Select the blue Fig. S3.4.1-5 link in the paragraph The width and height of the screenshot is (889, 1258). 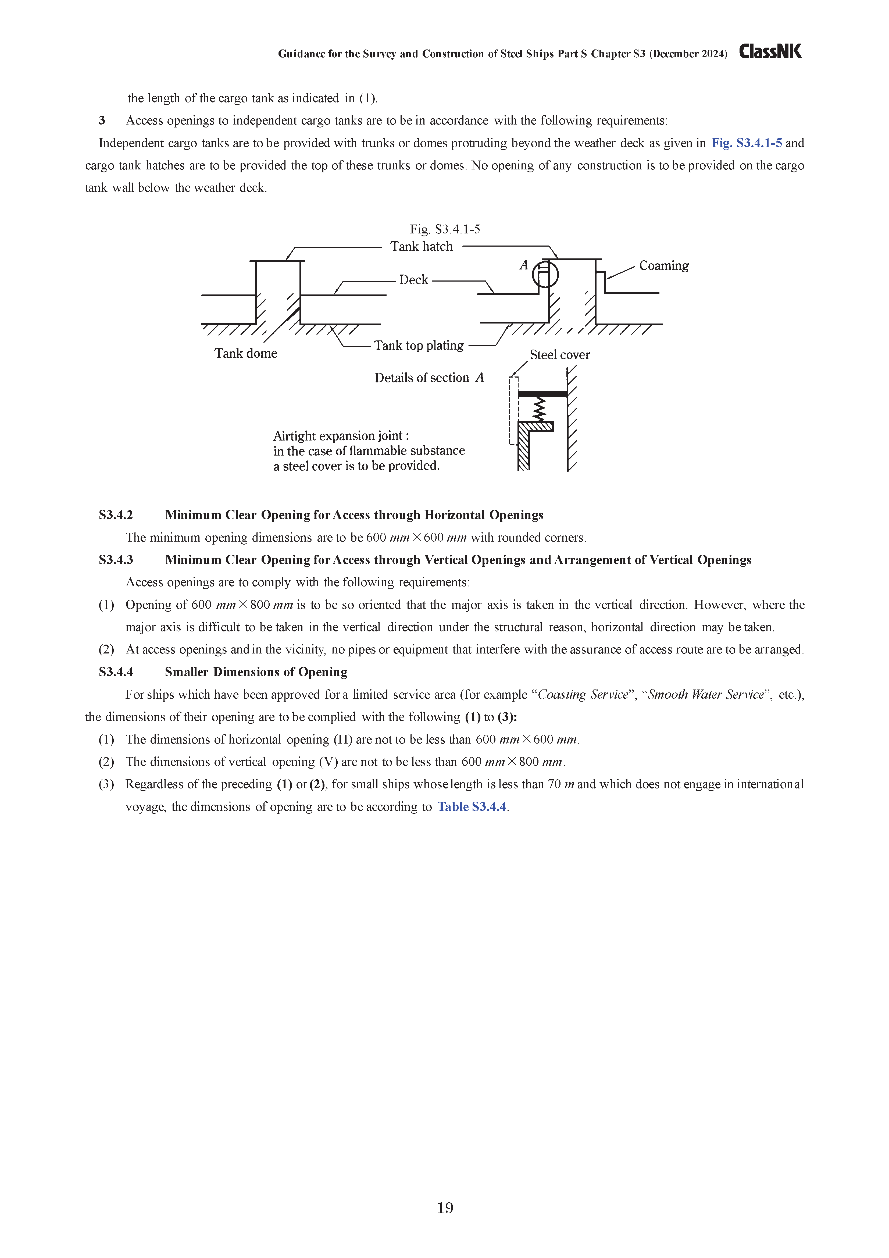click(747, 143)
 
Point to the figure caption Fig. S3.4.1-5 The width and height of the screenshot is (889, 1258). click(445, 229)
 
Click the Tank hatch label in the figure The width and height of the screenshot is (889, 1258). click(421, 247)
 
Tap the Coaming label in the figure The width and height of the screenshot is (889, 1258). click(663, 266)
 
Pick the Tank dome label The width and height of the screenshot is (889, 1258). click(245, 353)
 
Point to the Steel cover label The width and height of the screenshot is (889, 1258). click(559, 355)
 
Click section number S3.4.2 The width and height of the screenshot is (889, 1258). click(116, 515)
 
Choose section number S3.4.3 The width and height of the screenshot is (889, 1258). click(116, 560)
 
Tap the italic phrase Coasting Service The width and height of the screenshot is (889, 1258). click(583, 695)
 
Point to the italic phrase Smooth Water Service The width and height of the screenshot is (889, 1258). click(705, 695)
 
